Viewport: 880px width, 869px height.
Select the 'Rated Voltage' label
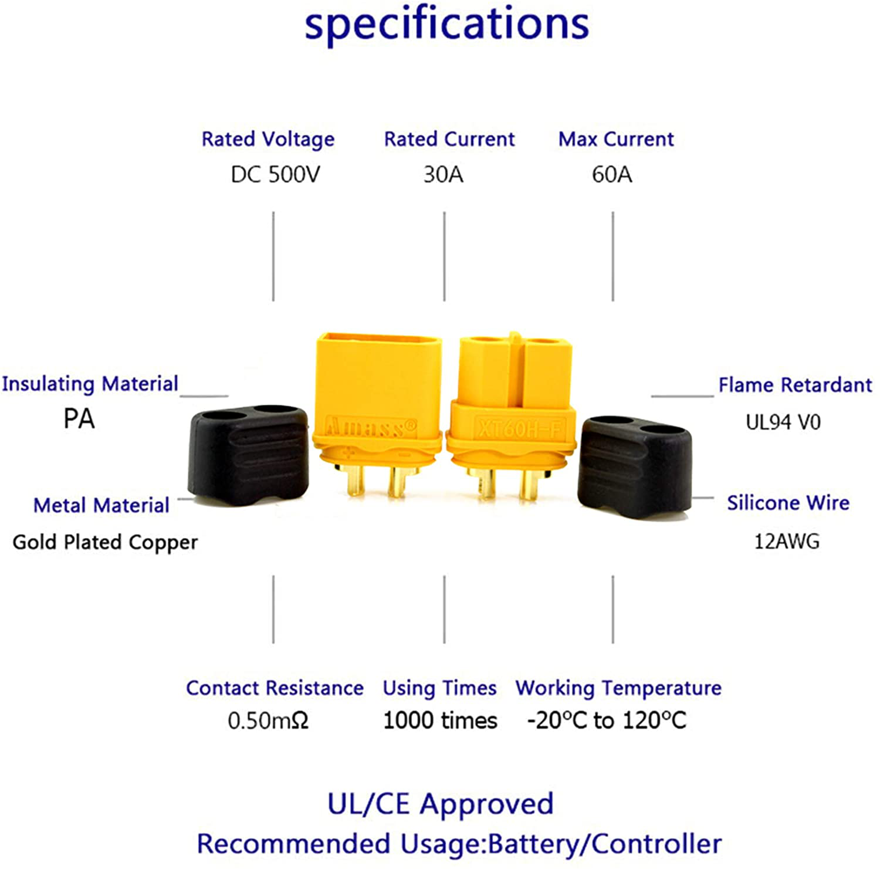pos(268,140)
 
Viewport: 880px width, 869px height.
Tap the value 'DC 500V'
pos(275,174)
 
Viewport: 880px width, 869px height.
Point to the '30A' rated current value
pos(444,174)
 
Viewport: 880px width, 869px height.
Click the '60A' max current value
pos(612,174)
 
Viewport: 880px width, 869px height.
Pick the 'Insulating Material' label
pos(90,384)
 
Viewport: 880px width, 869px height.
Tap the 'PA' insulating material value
pos(79,419)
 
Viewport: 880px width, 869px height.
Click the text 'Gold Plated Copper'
pos(105,542)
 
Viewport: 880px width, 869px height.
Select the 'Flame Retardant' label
pos(795,385)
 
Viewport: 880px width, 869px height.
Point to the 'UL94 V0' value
pos(783,422)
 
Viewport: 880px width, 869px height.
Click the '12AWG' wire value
pos(786,541)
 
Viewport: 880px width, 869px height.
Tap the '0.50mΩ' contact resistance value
pos(268,721)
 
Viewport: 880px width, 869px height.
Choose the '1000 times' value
pos(440,721)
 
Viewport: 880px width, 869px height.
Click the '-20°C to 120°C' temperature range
pos(607,721)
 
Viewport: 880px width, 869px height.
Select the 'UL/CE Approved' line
pos(440,804)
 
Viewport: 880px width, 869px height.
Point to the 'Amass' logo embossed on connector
pos(371,427)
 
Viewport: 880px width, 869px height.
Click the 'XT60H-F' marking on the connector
pos(519,428)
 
